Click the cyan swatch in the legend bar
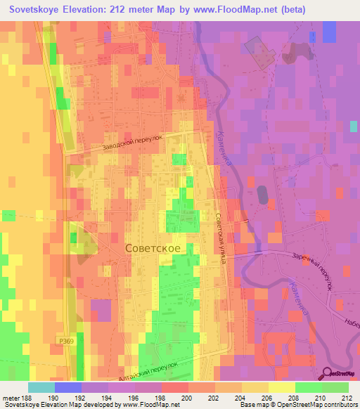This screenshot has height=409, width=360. (41, 387)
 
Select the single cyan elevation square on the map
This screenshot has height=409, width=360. (353, 126)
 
